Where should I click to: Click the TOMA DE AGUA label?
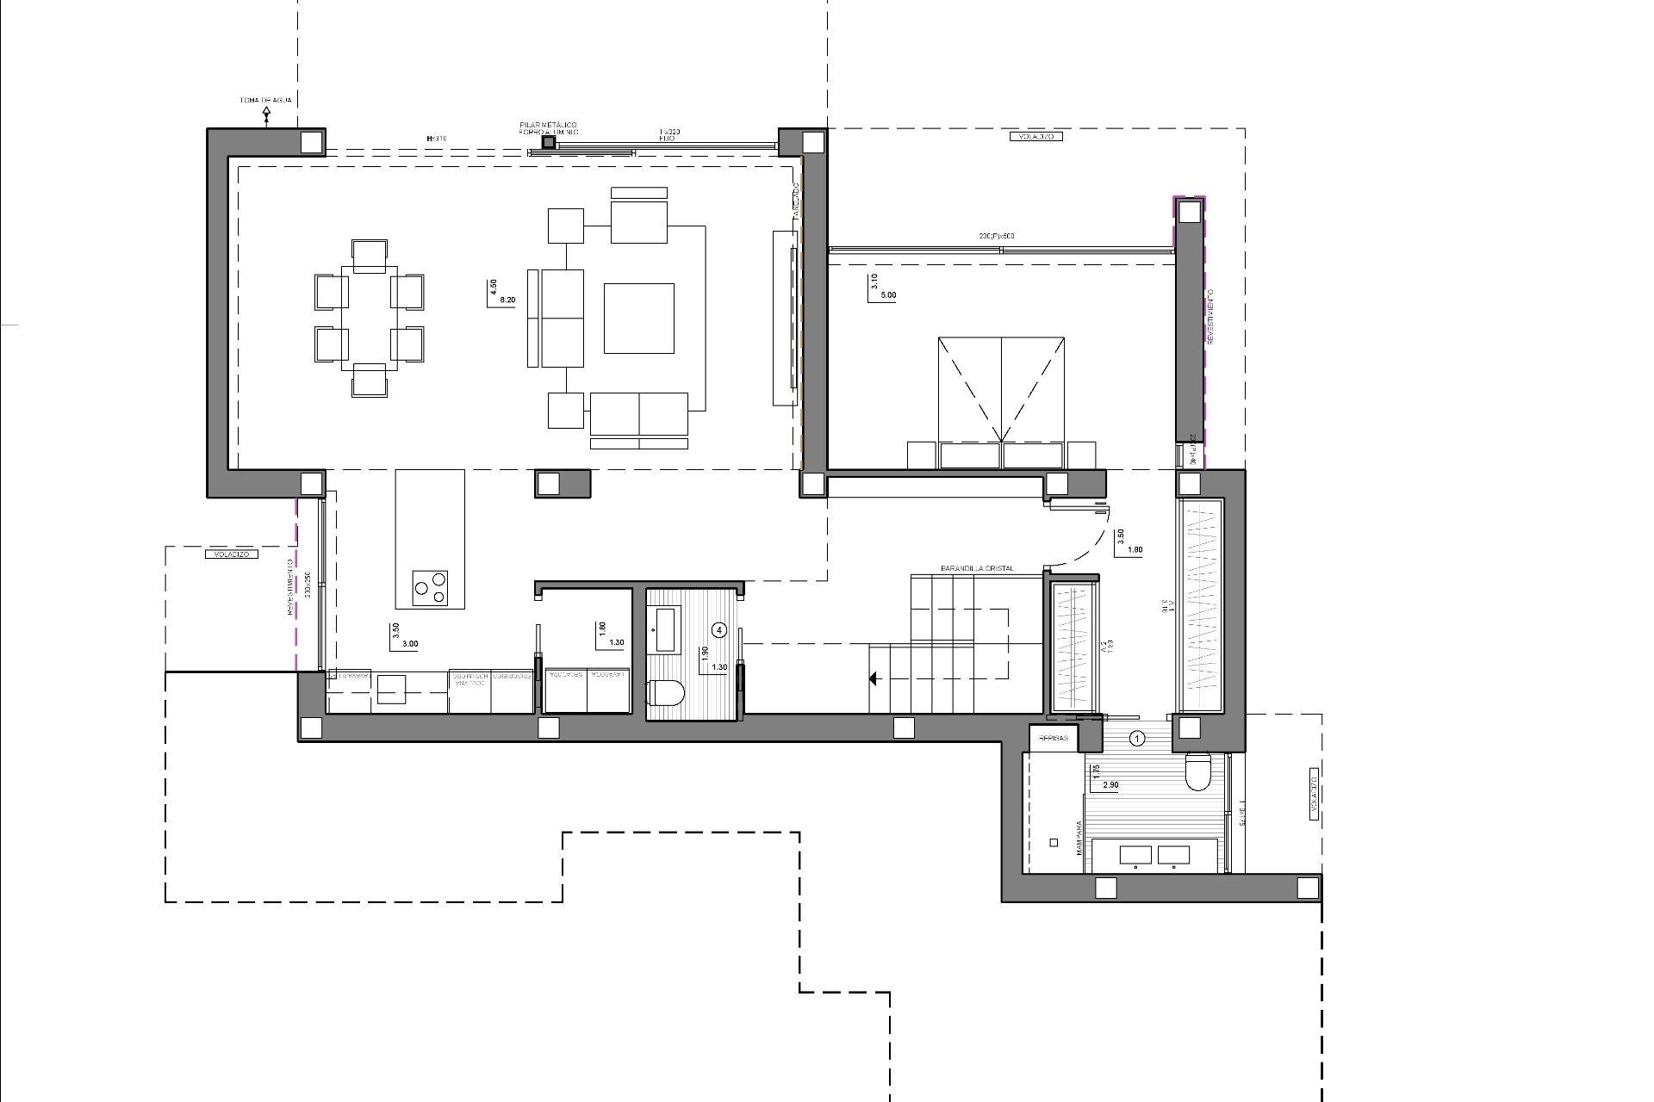pyautogui.click(x=265, y=101)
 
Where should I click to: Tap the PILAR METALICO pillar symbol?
pyautogui.click(x=549, y=142)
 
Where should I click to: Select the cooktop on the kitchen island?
pyautogui.click(x=430, y=586)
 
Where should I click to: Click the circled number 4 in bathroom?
pyautogui.click(x=720, y=630)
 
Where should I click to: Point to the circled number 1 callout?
pyautogui.click(x=1137, y=738)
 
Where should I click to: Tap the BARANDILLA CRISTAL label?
pyautogui.click(x=977, y=569)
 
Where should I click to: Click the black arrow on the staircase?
pyautogui.click(x=873, y=679)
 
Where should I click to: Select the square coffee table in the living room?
pyautogui.click(x=638, y=319)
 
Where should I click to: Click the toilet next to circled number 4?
pyautogui.click(x=665, y=692)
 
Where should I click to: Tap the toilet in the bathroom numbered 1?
pyautogui.click(x=1198, y=771)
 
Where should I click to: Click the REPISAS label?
pyautogui.click(x=1054, y=739)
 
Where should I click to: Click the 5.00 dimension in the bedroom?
pyautogui.click(x=887, y=295)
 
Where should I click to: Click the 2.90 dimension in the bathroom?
pyautogui.click(x=1110, y=785)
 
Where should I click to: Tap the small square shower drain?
pyautogui.click(x=1054, y=843)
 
